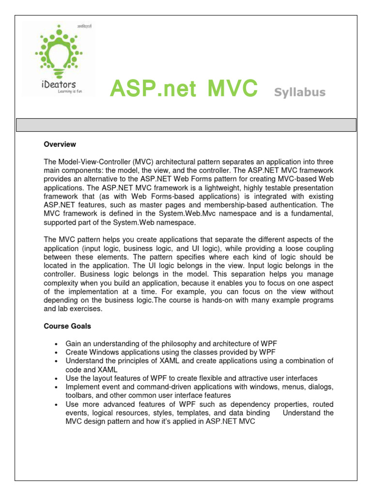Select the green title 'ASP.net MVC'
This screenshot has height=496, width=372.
pos(184,89)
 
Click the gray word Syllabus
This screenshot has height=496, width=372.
pos(300,92)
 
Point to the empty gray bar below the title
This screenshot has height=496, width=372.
pos(186,125)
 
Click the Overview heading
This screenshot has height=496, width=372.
pos(60,144)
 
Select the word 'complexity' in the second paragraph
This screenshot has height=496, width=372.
pos(62,283)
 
